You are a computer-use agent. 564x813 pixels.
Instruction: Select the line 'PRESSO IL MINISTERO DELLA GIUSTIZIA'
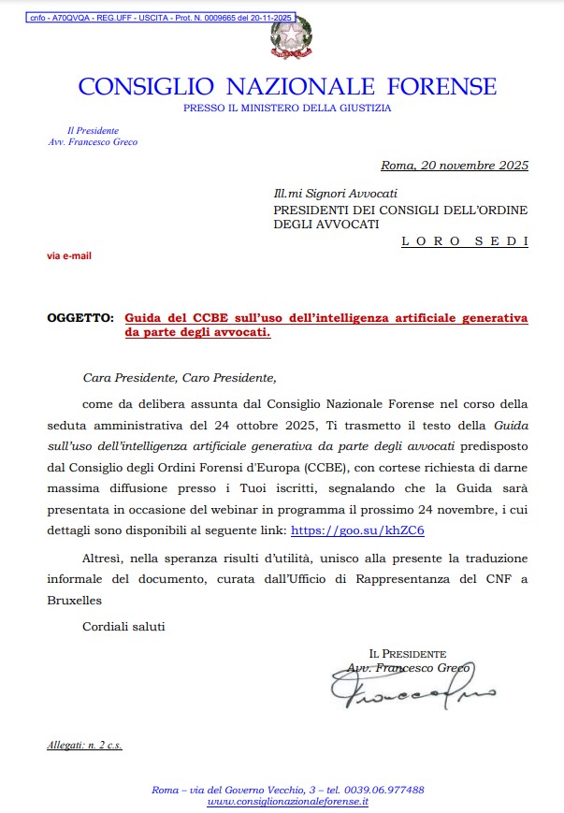tap(287, 109)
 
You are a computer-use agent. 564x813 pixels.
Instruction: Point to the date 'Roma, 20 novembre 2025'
tap(454, 167)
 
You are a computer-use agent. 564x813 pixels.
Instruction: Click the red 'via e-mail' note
tap(69, 254)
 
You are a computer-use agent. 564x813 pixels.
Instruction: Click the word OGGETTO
tap(80, 318)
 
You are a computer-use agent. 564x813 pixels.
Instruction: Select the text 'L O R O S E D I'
tap(465, 240)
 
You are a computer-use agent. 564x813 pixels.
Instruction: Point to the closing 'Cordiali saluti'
tap(123, 626)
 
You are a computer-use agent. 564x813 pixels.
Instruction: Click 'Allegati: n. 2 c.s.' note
tap(85, 746)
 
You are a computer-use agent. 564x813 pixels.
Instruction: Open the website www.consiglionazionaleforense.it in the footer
tap(287, 802)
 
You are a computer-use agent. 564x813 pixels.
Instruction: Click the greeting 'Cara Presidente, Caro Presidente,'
tap(180, 378)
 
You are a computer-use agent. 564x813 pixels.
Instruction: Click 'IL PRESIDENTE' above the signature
tap(407, 653)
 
